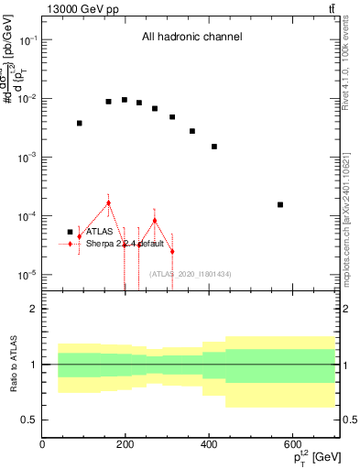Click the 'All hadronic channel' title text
click(x=191, y=38)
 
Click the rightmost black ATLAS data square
click(x=280, y=204)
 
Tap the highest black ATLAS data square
click(x=125, y=100)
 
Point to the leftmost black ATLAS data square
click(x=80, y=123)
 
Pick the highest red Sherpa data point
click(x=108, y=202)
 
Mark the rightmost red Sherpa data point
click(x=171, y=251)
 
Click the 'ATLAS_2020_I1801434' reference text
click(x=191, y=274)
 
